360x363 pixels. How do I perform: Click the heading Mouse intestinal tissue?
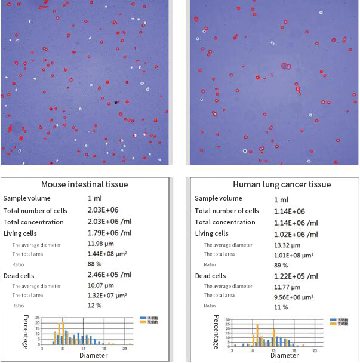pos(84,184)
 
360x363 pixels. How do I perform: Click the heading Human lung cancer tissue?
pos(282,184)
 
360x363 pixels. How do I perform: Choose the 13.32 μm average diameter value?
pos(287,244)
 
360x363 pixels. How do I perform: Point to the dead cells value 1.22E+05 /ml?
pos(296,276)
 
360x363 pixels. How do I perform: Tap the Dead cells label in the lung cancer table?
pos(210,276)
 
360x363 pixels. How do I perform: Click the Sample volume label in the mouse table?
pos(27,198)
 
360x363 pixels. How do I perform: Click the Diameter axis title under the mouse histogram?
pos(94,355)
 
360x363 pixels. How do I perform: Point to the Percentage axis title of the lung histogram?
pos(216,332)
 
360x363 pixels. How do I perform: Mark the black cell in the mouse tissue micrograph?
pos(116,103)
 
